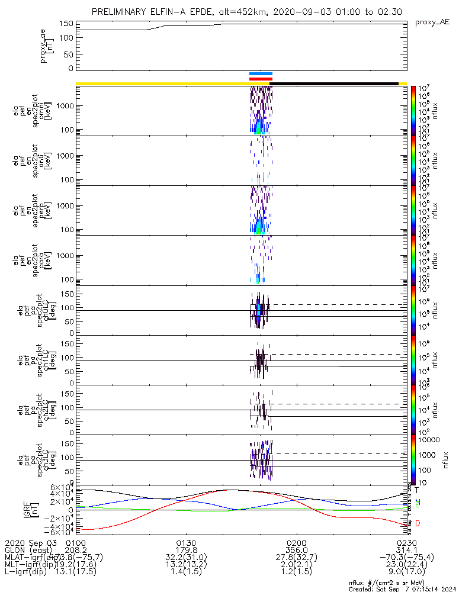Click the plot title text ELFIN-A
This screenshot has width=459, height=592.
(178, 12)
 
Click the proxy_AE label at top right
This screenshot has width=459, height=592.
(432, 22)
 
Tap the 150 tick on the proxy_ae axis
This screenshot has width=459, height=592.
(66, 24)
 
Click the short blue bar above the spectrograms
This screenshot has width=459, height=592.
(261, 74)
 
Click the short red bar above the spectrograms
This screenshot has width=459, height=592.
(261, 78)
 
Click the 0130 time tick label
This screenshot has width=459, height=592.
(187, 543)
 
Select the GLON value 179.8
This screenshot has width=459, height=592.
(187, 550)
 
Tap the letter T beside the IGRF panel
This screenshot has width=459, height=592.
(417, 490)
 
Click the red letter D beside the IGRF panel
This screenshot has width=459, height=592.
(418, 524)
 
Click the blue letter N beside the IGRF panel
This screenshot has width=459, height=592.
(418, 503)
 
